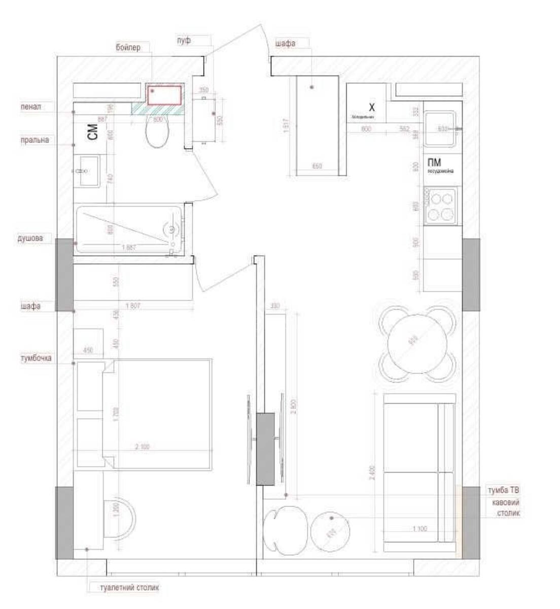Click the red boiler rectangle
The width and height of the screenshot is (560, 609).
[165, 95]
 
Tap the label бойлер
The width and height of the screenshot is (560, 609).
[128, 47]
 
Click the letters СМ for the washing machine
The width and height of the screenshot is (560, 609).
[92, 132]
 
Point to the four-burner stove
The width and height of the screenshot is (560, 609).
[440, 206]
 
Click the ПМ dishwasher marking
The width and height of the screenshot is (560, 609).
[434, 162]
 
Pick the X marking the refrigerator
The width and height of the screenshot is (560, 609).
[371, 107]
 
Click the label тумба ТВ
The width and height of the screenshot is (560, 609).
[503, 491]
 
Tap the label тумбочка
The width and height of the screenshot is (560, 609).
[36, 358]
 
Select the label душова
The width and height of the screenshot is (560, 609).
[31, 238]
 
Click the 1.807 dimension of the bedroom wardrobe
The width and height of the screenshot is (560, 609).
[133, 306]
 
